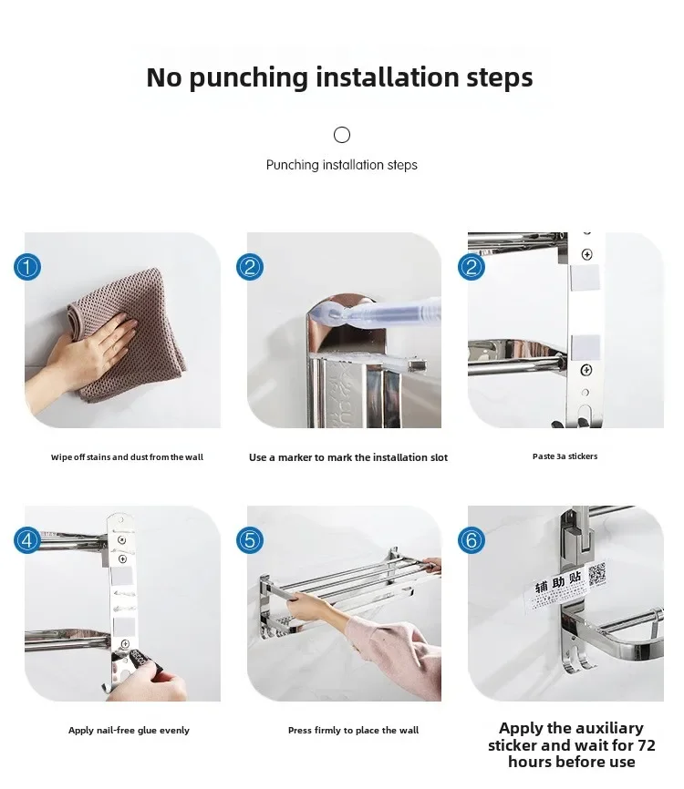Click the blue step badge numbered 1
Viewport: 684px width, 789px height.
[27, 267]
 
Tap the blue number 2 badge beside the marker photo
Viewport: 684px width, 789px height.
[250, 267]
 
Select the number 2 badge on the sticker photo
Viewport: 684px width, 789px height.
[472, 267]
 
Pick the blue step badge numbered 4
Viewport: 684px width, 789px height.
[27, 540]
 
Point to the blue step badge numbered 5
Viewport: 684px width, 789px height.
[250, 540]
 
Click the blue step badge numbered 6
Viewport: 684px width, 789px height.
[472, 540]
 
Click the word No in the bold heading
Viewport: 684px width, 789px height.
[164, 77]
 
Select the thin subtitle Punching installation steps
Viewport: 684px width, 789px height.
[341, 165]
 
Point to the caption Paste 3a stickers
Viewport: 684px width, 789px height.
[565, 456]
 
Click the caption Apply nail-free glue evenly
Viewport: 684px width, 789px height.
[129, 730]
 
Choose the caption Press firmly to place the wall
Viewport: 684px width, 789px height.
[353, 730]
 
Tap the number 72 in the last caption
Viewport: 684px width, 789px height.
[647, 744]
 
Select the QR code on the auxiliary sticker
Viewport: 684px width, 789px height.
[596, 575]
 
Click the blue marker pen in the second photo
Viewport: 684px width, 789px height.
[375, 312]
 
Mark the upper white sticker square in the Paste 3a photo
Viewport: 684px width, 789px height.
[585, 278]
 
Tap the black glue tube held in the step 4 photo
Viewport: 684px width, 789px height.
[141, 663]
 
